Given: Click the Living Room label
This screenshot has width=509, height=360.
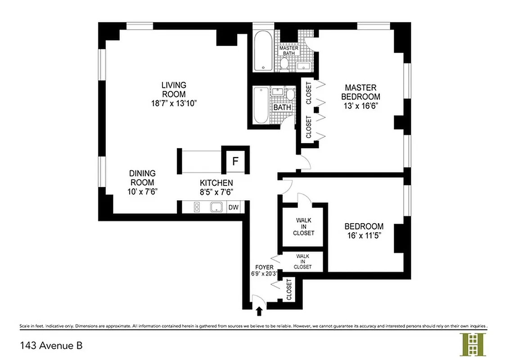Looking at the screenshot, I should tap(174, 90).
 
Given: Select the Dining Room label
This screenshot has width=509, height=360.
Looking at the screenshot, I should tap(142, 178).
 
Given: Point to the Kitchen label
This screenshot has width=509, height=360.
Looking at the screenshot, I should tap(216, 183).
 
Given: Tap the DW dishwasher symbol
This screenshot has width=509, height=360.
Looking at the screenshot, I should tap(233, 207).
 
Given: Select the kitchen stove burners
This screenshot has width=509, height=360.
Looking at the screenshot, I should tap(197, 207).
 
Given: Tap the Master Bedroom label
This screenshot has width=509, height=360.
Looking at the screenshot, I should tap(360, 92).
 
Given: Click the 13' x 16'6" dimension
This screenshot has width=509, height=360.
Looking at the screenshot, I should tap(360, 106).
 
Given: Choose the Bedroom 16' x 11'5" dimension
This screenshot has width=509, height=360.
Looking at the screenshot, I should tap(364, 236).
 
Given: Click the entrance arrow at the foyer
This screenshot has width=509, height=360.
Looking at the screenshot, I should tap(259, 310).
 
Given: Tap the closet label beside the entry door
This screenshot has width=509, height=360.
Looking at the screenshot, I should tap(288, 289).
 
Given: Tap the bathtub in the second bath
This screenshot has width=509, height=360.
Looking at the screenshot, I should tap(261, 106).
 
